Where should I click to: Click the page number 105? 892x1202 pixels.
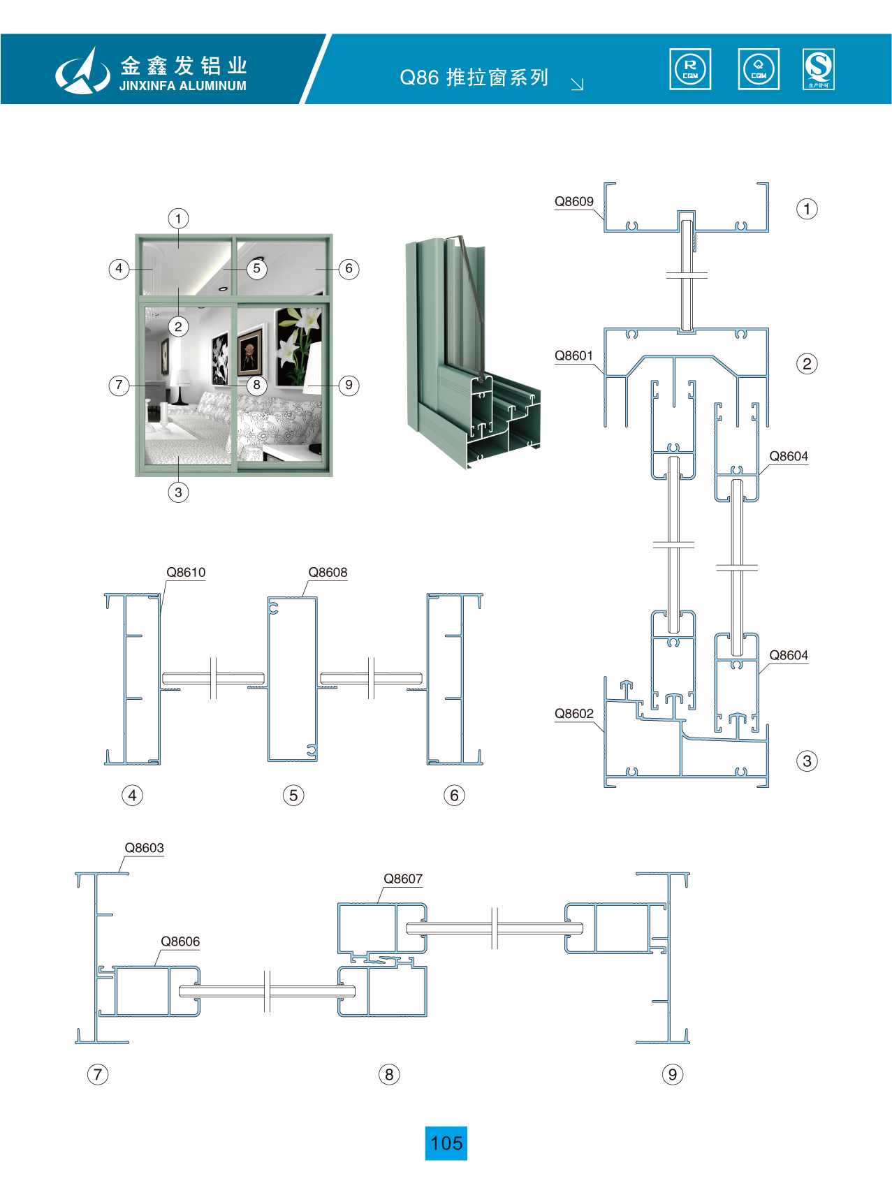446,1143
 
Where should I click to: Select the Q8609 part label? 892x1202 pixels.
573,202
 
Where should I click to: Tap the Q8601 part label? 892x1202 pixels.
573,356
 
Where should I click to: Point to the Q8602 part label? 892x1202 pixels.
573,714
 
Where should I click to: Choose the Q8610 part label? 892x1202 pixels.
186,573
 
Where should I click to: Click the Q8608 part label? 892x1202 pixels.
328,573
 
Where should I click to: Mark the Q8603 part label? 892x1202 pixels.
144,848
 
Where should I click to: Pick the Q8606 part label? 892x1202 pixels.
180,941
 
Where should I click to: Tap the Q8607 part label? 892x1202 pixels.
403,879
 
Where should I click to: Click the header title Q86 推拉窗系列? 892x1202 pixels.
474,77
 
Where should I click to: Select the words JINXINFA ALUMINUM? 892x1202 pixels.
182,86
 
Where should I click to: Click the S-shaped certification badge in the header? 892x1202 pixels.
819,69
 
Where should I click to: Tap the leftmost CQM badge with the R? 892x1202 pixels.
690,69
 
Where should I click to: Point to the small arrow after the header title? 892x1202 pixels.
577,85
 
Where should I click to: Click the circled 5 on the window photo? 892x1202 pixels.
256,269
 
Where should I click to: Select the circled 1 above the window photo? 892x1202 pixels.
178,219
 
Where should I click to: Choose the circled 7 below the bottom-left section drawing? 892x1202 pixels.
98,1074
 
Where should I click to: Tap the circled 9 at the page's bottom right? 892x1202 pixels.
672,1074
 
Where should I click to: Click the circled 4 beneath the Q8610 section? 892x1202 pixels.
132,795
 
